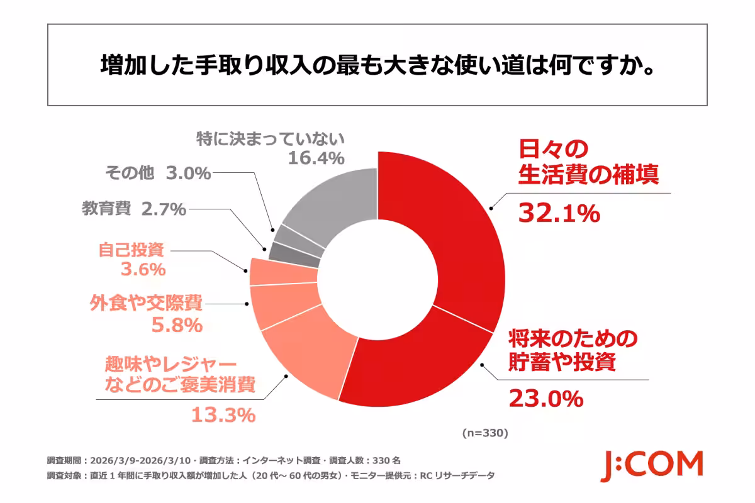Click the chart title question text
(377, 65)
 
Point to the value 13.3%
(223, 415)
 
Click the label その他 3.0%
(157, 174)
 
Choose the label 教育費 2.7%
(133, 208)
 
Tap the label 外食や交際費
(145, 304)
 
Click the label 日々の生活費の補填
(588, 162)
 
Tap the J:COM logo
(651, 465)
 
